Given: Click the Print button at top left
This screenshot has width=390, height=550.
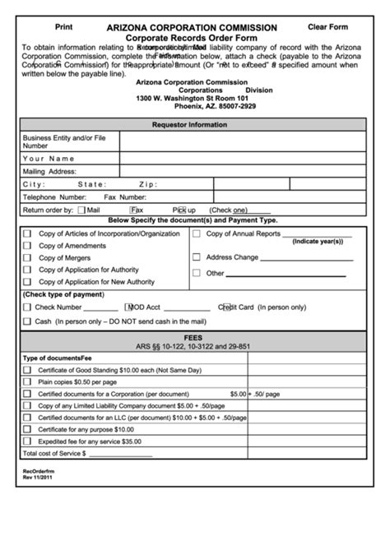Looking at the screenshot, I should click(x=63, y=27).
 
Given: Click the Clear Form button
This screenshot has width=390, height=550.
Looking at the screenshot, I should click(x=327, y=27).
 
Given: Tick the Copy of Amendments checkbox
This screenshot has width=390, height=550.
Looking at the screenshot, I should click(x=27, y=246).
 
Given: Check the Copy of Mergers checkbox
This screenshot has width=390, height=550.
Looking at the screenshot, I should click(x=27, y=257).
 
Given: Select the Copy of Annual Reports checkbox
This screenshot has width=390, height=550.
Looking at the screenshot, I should click(x=196, y=234).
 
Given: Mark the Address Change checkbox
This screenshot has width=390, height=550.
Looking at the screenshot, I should click(x=196, y=257).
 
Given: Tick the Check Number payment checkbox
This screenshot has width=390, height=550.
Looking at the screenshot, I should click(x=27, y=307).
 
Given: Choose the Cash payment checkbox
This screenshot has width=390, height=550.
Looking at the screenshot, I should click(x=27, y=321).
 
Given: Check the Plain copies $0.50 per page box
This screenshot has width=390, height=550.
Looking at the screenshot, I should click(x=27, y=382).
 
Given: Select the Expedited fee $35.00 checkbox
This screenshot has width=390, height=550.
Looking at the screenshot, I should click(x=27, y=441).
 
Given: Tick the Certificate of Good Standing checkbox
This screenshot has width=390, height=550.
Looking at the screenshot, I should click(x=27, y=371).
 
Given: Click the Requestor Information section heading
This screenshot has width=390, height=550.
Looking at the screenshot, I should click(x=194, y=124).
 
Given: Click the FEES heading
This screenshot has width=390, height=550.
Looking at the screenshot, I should click(x=194, y=337).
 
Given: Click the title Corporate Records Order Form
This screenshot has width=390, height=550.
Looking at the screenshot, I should click(x=194, y=38).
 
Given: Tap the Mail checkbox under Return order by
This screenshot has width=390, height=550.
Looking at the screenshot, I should click(x=81, y=210).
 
